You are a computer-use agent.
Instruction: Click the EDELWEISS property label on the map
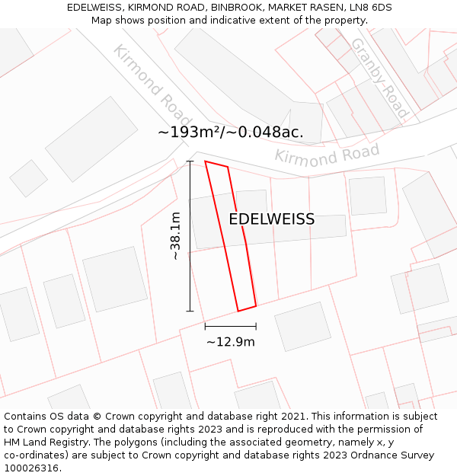coord(271,219)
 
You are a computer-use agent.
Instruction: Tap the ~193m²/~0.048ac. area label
coord(230,132)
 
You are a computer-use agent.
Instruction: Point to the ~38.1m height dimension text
coord(175,236)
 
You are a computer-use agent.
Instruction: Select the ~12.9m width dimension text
coord(230,342)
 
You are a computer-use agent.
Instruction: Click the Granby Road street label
coord(379,78)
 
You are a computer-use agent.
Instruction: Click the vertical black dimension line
coord(190,236)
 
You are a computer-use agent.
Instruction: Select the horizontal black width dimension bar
coord(230,327)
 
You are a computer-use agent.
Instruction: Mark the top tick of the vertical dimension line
coord(190,161)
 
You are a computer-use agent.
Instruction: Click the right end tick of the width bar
coord(256,327)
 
